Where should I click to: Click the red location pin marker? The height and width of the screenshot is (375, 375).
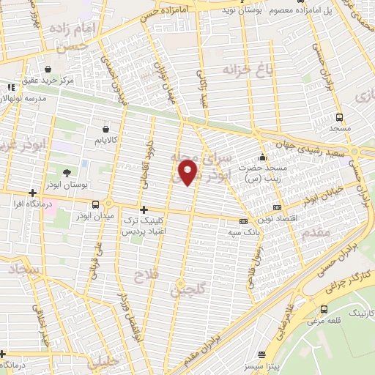pos(190,173)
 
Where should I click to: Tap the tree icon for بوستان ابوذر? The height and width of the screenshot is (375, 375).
pos(67,173)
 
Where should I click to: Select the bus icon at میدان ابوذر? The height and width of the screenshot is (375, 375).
pos(96,204)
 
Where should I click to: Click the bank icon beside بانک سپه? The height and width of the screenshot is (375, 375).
pos(243,221)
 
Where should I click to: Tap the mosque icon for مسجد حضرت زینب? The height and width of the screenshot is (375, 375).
pos(262,157)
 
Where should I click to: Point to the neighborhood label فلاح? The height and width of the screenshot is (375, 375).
pos(144,275)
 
